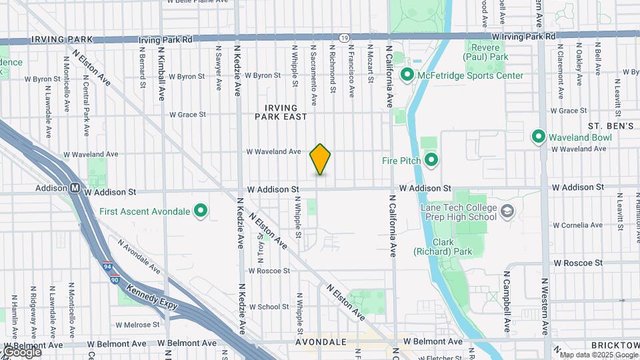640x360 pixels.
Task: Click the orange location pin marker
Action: [321, 159]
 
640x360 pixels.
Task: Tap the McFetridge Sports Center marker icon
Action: [407, 75]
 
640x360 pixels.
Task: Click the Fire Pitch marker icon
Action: [431, 160]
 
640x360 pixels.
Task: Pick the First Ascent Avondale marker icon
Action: [200, 212]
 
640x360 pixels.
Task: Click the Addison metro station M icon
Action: [75, 189]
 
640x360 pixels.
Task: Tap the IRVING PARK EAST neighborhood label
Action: [281, 112]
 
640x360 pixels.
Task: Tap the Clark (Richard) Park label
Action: [434, 247]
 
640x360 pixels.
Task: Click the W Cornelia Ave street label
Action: [578, 225]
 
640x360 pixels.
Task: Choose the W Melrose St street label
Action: [137, 325]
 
